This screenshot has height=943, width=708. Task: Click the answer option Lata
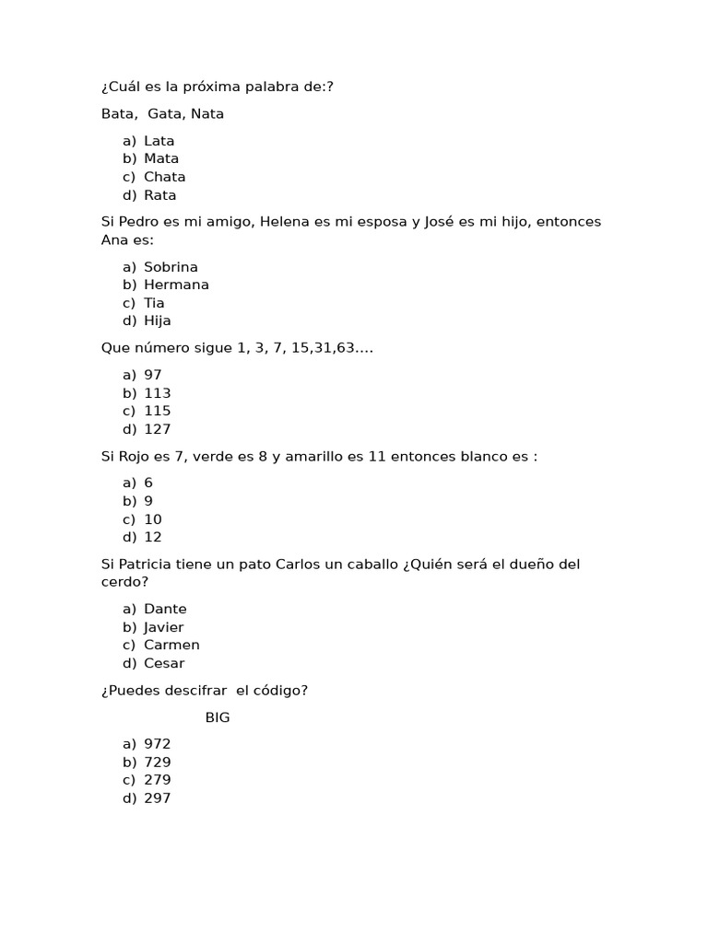[x=159, y=141]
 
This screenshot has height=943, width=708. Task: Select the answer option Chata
[x=164, y=177]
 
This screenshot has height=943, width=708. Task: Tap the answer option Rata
[x=159, y=195]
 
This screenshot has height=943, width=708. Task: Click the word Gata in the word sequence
[x=165, y=114]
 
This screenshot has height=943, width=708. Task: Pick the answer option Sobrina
[x=171, y=267]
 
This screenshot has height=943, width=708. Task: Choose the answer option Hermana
[x=176, y=285]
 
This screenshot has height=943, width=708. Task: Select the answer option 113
[x=157, y=393]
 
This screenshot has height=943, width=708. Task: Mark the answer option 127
[x=157, y=429]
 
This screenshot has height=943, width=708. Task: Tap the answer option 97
[x=152, y=375]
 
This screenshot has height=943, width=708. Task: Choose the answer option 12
[x=152, y=537]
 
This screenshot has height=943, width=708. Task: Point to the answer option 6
[x=148, y=483]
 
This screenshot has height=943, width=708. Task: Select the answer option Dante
[x=165, y=609]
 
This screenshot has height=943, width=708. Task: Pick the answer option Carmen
[x=171, y=645]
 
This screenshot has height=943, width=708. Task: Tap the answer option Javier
[x=164, y=627]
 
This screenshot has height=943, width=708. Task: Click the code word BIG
[x=218, y=717]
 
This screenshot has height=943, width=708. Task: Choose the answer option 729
[x=157, y=763]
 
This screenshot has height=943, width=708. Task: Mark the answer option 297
[x=157, y=798]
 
